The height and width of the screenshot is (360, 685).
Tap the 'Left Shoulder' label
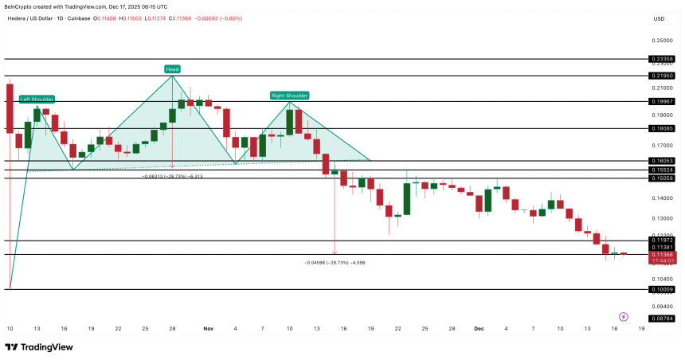(37, 99)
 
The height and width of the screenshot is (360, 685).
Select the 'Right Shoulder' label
(289, 96)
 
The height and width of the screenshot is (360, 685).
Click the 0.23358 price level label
(662, 59)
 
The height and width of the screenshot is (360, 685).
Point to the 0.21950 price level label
(662, 76)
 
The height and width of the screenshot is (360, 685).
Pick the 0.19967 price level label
(662, 102)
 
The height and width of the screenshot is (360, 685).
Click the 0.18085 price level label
(662, 128)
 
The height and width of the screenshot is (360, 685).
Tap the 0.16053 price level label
(662, 160)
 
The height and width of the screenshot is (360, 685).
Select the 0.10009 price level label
(662, 290)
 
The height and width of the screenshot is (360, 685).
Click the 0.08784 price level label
(662, 319)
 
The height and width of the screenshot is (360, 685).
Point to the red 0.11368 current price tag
(662, 255)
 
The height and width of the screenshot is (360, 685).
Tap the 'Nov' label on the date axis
(209, 328)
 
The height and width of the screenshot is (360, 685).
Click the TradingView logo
(39, 347)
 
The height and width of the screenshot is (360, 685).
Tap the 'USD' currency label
(659, 18)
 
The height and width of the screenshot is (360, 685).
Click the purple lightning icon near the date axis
(623, 316)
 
